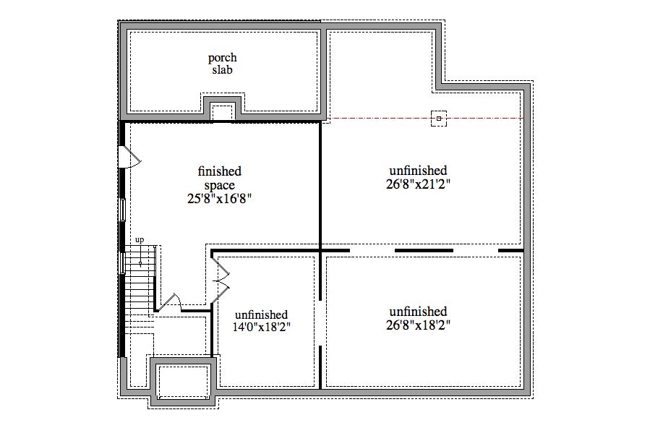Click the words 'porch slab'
point(222,64)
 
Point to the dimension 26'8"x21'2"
point(417,184)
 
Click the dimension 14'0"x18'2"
point(262,327)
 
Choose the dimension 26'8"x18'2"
point(417,325)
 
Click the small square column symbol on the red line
point(438,118)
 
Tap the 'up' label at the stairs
point(139,239)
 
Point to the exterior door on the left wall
point(129,157)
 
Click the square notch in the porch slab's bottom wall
point(222,111)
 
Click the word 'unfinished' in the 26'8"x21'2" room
point(417,171)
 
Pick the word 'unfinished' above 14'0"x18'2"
point(262,314)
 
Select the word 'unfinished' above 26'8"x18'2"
point(417,312)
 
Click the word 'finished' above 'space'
point(219,171)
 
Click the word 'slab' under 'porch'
point(222,70)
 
